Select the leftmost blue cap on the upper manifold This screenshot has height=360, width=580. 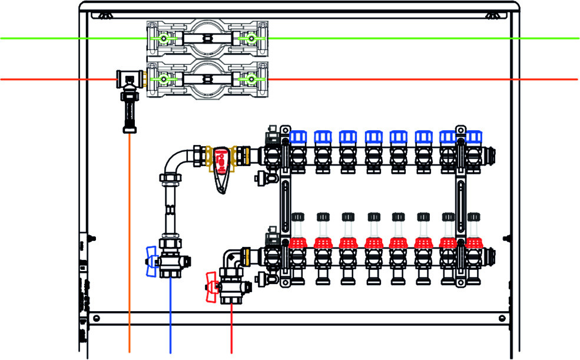[298, 138]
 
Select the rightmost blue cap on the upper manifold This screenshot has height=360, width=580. [473, 138]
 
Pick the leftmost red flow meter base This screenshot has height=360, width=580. [298, 242]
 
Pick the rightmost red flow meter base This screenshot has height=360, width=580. [473, 242]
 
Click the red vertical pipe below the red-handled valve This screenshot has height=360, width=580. [231, 330]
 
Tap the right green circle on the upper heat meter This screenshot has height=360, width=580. [251, 39]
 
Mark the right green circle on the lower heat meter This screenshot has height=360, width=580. [251, 79]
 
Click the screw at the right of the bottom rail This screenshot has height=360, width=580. [501, 318]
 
